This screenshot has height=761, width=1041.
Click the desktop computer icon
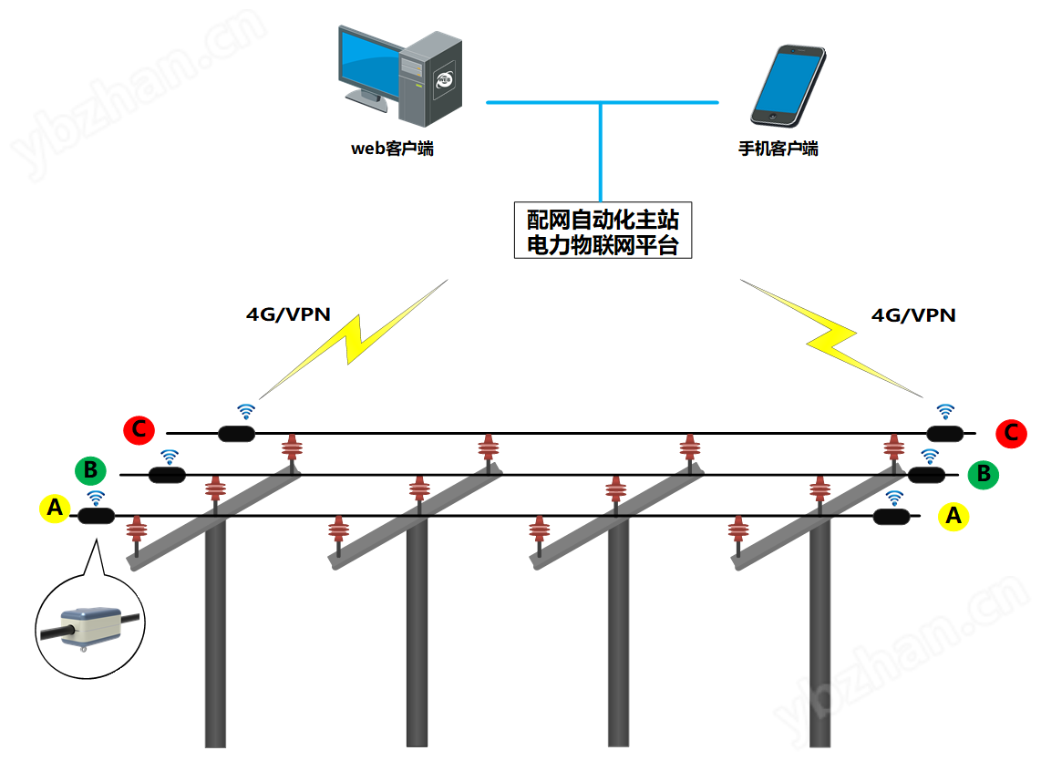click(399, 76)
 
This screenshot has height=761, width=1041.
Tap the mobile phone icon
click(788, 85)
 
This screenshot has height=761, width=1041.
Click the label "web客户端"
click(392, 149)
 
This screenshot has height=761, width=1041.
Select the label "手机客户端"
click(778, 149)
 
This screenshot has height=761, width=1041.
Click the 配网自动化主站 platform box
click(603, 231)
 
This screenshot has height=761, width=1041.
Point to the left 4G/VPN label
click(288, 314)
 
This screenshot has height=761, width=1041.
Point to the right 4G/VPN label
click(913, 314)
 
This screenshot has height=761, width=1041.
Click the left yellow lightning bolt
click(355, 339)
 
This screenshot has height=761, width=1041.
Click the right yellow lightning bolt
click(831, 338)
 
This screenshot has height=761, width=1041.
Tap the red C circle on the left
click(139, 430)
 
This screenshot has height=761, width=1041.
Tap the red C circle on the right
click(1011, 433)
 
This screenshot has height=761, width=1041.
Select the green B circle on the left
click(91, 471)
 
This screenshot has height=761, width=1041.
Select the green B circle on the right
click(984, 474)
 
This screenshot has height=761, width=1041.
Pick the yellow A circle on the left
click(55, 508)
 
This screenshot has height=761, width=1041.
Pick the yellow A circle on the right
click(953, 516)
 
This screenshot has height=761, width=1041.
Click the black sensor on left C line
click(236, 434)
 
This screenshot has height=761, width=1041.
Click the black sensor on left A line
click(97, 516)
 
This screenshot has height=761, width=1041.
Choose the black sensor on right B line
click(926, 475)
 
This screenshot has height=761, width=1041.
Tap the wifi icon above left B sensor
click(170, 457)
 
